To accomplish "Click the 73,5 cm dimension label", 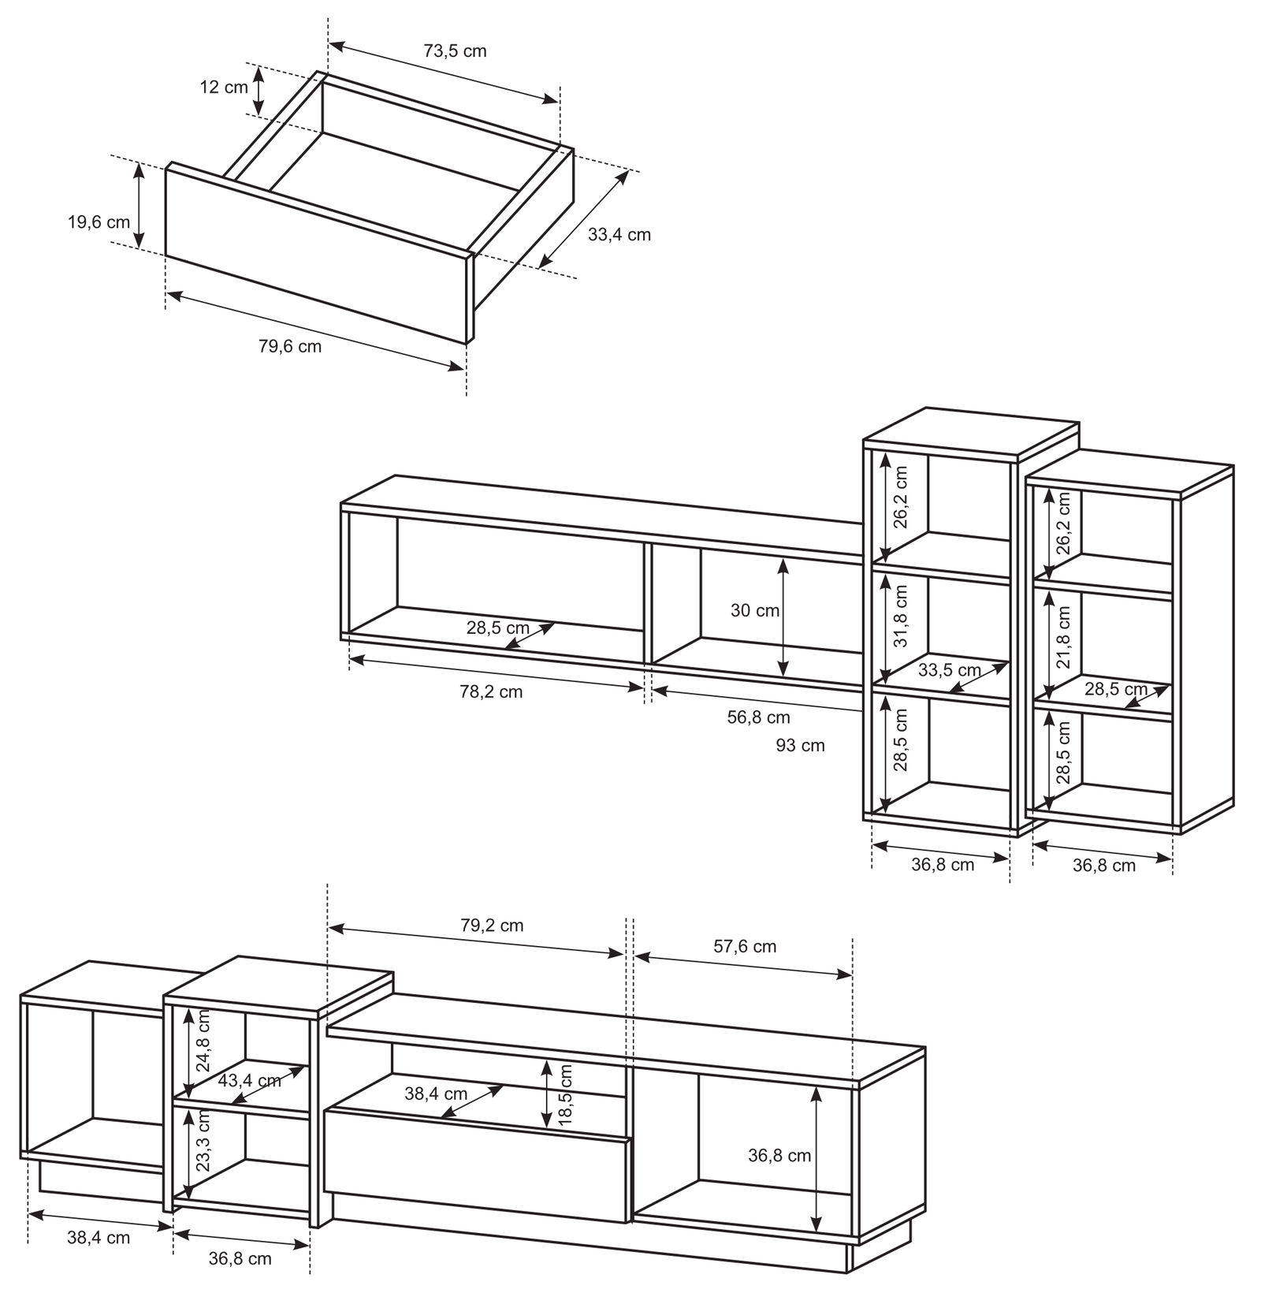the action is click(455, 51).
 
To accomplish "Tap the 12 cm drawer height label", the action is click(224, 87).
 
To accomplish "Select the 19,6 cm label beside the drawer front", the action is click(99, 222).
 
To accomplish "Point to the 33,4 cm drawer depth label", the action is click(619, 234).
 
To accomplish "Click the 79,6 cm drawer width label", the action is click(290, 346).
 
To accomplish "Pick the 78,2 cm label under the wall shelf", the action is click(491, 692).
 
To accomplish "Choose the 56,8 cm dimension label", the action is click(758, 717).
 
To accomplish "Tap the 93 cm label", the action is click(800, 745).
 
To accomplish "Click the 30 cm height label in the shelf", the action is click(755, 610).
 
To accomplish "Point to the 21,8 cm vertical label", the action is click(1064, 637).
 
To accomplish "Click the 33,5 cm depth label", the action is click(950, 670).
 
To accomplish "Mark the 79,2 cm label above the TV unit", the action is click(492, 925).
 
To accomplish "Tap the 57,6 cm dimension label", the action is click(745, 947).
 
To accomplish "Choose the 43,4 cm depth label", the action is click(249, 1080).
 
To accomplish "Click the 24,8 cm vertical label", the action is click(203, 1041).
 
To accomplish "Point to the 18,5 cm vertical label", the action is click(564, 1096).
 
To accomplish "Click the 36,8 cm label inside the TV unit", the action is click(779, 1156).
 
